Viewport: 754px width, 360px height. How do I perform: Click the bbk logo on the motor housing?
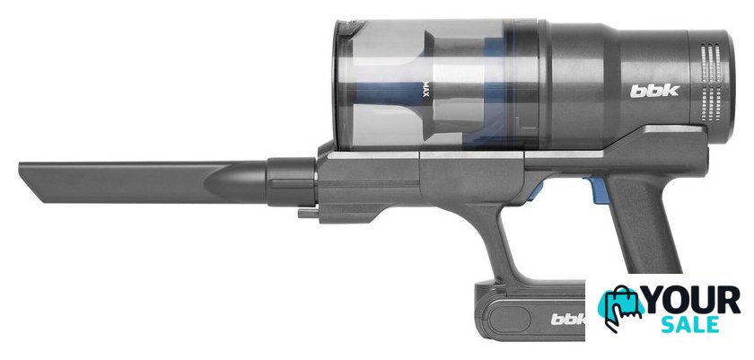(x=654, y=91)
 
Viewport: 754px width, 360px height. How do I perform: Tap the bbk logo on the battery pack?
(x=568, y=319)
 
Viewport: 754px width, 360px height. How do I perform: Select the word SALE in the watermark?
(x=690, y=324)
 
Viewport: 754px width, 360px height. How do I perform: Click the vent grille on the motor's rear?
(x=712, y=83)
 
